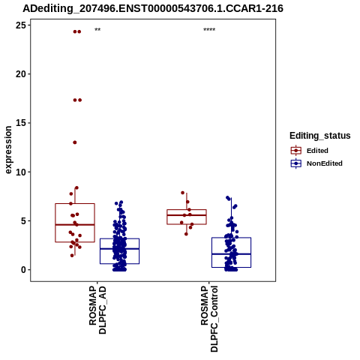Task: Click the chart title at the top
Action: point(153,9)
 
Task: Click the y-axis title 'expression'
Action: point(8,150)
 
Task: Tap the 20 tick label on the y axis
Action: point(21,74)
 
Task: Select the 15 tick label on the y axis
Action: point(21,123)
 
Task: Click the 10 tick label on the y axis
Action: point(21,172)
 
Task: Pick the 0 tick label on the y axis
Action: point(24,270)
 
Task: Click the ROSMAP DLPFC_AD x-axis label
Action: point(97,310)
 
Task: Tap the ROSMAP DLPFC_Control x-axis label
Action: point(209,319)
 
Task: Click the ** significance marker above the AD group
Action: point(97,30)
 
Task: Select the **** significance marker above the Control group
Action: point(209,30)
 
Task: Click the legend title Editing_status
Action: point(320,136)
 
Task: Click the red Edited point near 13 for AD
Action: point(75,142)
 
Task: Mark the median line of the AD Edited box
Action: point(75,225)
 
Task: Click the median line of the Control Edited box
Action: point(187,215)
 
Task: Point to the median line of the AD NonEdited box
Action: point(119,248)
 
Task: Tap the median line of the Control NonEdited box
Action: point(231,254)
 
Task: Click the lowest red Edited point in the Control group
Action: point(186,234)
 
